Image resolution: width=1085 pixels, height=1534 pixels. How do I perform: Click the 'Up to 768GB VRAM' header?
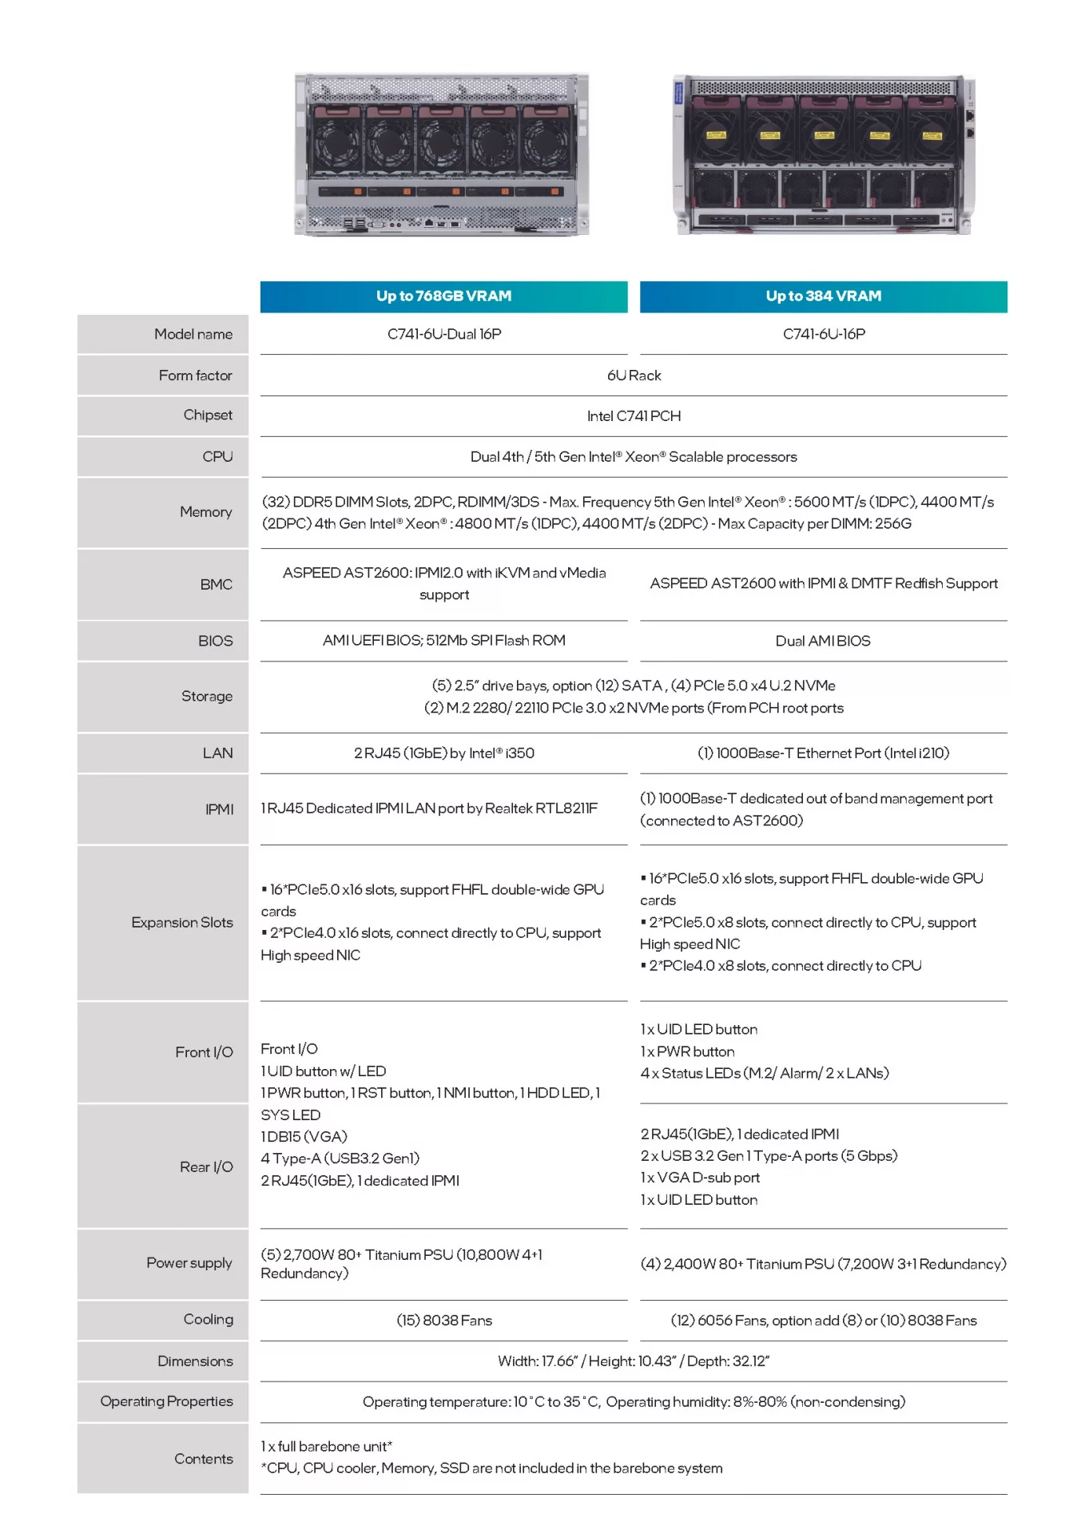[443, 296]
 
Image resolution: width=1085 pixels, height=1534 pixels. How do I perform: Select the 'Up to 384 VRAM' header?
[823, 296]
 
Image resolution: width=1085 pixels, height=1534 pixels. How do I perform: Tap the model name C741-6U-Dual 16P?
[444, 334]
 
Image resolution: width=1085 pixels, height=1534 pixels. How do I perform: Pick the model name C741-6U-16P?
[824, 334]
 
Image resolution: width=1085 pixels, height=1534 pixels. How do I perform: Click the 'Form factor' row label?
[195, 376]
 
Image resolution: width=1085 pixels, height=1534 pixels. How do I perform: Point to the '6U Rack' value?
[634, 376]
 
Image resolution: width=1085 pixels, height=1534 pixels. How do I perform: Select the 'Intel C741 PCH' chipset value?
[634, 416]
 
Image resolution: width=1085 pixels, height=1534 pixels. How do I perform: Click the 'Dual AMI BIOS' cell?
[823, 641]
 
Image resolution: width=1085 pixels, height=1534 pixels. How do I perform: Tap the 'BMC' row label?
[216, 585]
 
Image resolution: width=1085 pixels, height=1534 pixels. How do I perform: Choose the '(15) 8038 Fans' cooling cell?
[444, 1321]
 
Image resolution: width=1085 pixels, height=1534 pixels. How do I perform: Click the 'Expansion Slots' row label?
[182, 923]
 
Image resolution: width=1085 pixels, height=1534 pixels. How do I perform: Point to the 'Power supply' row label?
[189, 1263]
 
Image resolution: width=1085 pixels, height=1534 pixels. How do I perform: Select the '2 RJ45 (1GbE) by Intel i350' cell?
[444, 753]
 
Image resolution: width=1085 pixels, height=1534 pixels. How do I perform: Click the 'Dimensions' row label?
[195, 1361]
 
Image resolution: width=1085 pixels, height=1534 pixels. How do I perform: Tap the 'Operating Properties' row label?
[167, 1401]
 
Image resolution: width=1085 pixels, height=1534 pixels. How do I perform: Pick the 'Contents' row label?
[204, 1459]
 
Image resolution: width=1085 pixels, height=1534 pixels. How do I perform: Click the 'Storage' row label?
[207, 697]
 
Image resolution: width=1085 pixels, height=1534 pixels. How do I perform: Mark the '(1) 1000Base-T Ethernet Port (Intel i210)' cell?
[823, 753]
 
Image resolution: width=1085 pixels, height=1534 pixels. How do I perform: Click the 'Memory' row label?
[205, 512]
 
